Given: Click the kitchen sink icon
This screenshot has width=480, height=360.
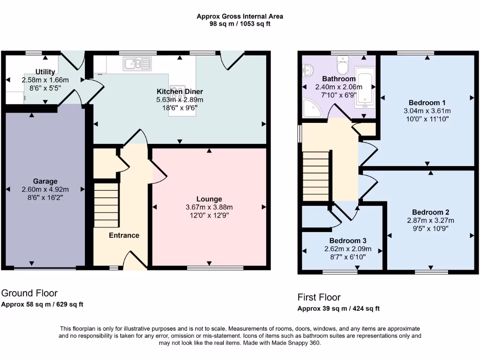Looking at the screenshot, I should pyautogui.click(x=138, y=63).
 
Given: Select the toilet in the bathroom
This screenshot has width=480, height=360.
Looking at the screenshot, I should pyautogui.click(x=342, y=66).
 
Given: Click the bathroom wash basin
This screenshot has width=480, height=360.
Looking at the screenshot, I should pyautogui.click(x=307, y=71).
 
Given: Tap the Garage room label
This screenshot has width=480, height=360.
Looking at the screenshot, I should pyautogui.click(x=45, y=181).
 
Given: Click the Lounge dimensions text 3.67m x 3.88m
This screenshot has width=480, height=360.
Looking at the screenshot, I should pyautogui.click(x=209, y=207).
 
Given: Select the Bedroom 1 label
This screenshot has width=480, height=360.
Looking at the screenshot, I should pyautogui.click(x=427, y=103).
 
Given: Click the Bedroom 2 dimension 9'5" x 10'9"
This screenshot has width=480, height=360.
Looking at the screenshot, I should pyautogui.click(x=427, y=228).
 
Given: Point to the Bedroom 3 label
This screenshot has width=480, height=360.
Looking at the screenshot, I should pyautogui.click(x=342, y=240).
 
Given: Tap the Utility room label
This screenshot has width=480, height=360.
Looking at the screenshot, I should pyautogui.click(x=45, y=72).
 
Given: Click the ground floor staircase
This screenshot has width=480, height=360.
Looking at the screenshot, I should pyautogui.click(x=106, y=205).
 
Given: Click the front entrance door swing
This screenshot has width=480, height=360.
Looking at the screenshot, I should pyautogui.click(x=135, y=261).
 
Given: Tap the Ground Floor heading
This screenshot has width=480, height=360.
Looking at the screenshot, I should pyautogui.click(x=30, y=293).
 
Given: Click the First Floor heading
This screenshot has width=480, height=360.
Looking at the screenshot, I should pyautogui.click(x=319, y=297).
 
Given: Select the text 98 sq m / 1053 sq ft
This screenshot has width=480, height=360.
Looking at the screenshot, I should pyautogui.click(x=240, y=24).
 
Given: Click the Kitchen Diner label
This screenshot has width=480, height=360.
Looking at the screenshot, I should pyautogui.click(x=180, y=91).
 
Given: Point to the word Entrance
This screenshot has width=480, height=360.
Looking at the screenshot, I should pyautogui.click(x=124, y=235).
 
